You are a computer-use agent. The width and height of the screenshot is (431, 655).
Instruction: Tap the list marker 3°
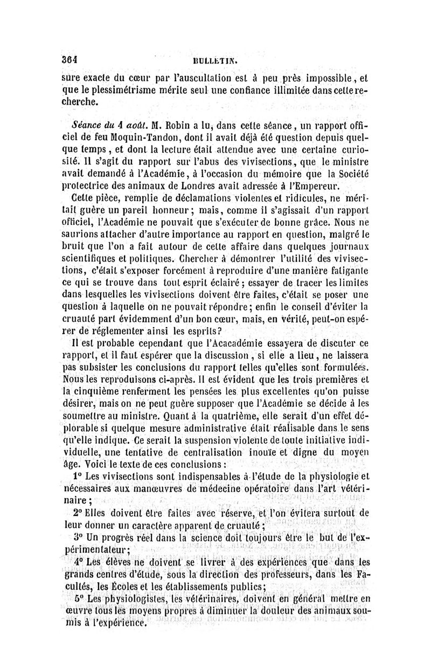click(78, 525)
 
